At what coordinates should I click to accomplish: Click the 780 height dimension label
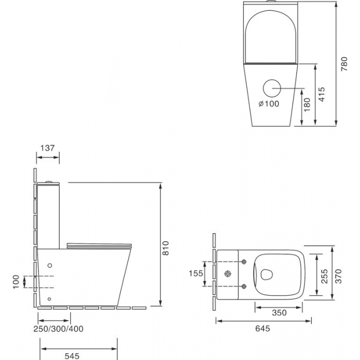click(x=344, y=64)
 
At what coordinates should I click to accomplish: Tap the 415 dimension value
click(x=322, y=94)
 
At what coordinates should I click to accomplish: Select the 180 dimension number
click(x=307, y=105)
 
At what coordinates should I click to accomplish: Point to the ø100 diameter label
click(x=269, y=104)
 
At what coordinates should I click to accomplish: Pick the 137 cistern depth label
click(x=47, y=148)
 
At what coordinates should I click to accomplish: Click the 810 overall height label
click(x=165, y=248)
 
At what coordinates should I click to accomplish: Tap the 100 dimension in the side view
click(x=16, y=282)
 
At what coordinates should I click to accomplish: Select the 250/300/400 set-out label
click(x=58, y=329)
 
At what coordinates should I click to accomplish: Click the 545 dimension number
click(x=72, y=356)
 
